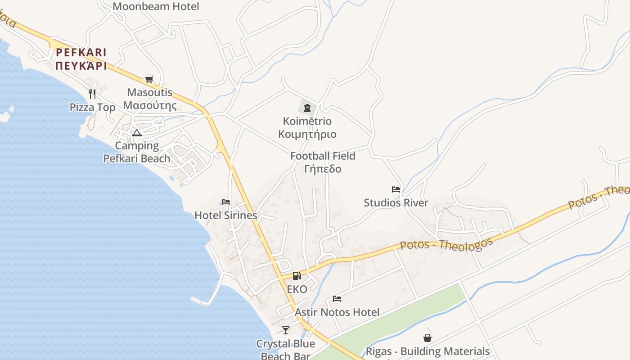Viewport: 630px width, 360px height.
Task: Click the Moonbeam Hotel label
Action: (156, 6)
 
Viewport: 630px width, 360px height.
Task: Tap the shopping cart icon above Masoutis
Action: (149, 80)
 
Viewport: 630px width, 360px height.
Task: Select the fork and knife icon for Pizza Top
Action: (92, 94)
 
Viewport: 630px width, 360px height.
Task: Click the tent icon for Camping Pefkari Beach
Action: (137, 133)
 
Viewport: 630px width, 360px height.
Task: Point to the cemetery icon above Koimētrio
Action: (307, 108)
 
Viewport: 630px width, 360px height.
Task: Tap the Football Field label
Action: (323, 156)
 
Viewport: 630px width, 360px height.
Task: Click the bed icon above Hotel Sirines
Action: (226, 202)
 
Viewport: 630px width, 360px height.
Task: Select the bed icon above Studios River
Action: (396, 189)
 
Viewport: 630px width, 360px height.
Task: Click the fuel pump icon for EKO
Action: (297, 276)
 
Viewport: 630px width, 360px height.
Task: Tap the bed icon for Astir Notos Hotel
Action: (337, 299)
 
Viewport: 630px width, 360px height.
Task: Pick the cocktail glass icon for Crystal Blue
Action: (286, 330)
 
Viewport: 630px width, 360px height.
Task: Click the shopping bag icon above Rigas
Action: (427, 338)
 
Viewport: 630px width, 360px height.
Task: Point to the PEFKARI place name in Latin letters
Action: (81, 53)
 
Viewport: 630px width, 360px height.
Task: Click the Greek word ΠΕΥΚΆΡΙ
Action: (81, 66)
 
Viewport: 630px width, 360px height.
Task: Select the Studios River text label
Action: (396, 203)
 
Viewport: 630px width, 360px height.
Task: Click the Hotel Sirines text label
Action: (226, 216)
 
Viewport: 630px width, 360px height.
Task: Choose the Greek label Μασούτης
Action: (150, 106)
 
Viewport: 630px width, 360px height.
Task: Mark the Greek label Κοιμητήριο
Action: (307, 135)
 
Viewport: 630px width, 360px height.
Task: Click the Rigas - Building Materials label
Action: (427, 351)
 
